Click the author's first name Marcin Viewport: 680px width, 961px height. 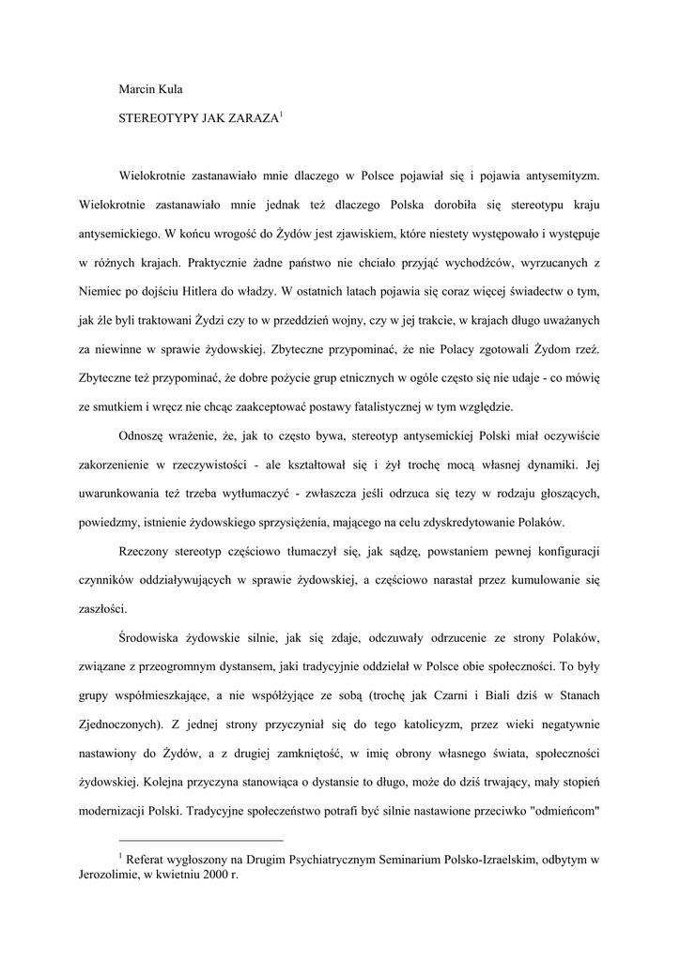pyautogui.click(x=135, y=89)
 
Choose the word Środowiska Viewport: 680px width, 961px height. pyautogui.click(x=154, y=639)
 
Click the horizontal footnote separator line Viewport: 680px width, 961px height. pyautogui.click(x=201, y=841)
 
